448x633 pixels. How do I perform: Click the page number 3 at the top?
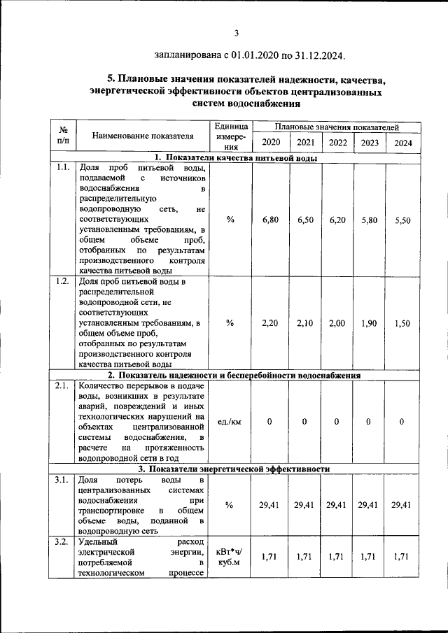click(x=237, y=32)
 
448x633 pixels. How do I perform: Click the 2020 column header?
click(x=270, y=143)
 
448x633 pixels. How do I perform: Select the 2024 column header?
click(x=402, y=143)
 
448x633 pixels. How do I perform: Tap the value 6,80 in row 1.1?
click(x=270, y=220)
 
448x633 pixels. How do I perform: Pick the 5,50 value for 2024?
click(x=402, y=220)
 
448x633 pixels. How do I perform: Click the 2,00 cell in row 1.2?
click(x=337, y=323)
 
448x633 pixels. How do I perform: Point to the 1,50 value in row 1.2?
click(x=402, y=323)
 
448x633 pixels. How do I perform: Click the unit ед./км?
click(x=230, y=422)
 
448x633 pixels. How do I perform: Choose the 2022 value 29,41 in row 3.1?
click(x=337, y=505)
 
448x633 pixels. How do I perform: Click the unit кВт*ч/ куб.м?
click(x=230, y=557)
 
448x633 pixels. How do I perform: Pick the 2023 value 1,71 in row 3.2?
click(x=368, y=557)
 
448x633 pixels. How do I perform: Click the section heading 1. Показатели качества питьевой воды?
click(x=235, y=158)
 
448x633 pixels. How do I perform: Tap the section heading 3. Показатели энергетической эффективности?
click(x=235, y=469)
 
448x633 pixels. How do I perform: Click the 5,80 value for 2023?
click(x=368, y=220)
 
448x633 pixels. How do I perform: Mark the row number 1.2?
click(x=62, y=282)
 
